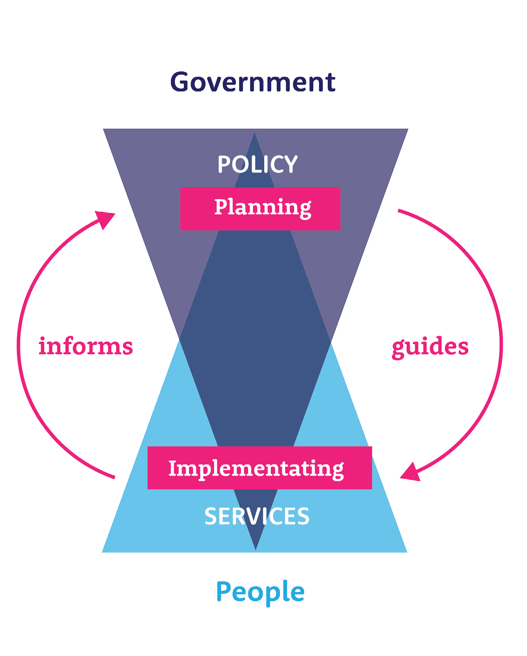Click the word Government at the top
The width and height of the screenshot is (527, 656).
(253, 82)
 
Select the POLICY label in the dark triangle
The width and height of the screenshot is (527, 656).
(258, 164)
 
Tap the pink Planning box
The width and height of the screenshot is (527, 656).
(260, 209)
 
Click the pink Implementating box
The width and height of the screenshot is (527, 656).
(259, 467)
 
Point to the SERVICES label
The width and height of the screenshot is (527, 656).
(257, 516)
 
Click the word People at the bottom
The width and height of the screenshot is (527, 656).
(260, 592)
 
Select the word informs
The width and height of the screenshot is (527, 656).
(86, 346)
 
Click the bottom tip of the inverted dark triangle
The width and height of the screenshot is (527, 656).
(256, 549)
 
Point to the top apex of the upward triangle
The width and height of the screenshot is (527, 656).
(255, 134)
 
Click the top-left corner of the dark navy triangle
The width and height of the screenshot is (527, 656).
(104, 129)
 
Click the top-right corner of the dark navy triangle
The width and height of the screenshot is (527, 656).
(408, 129)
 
